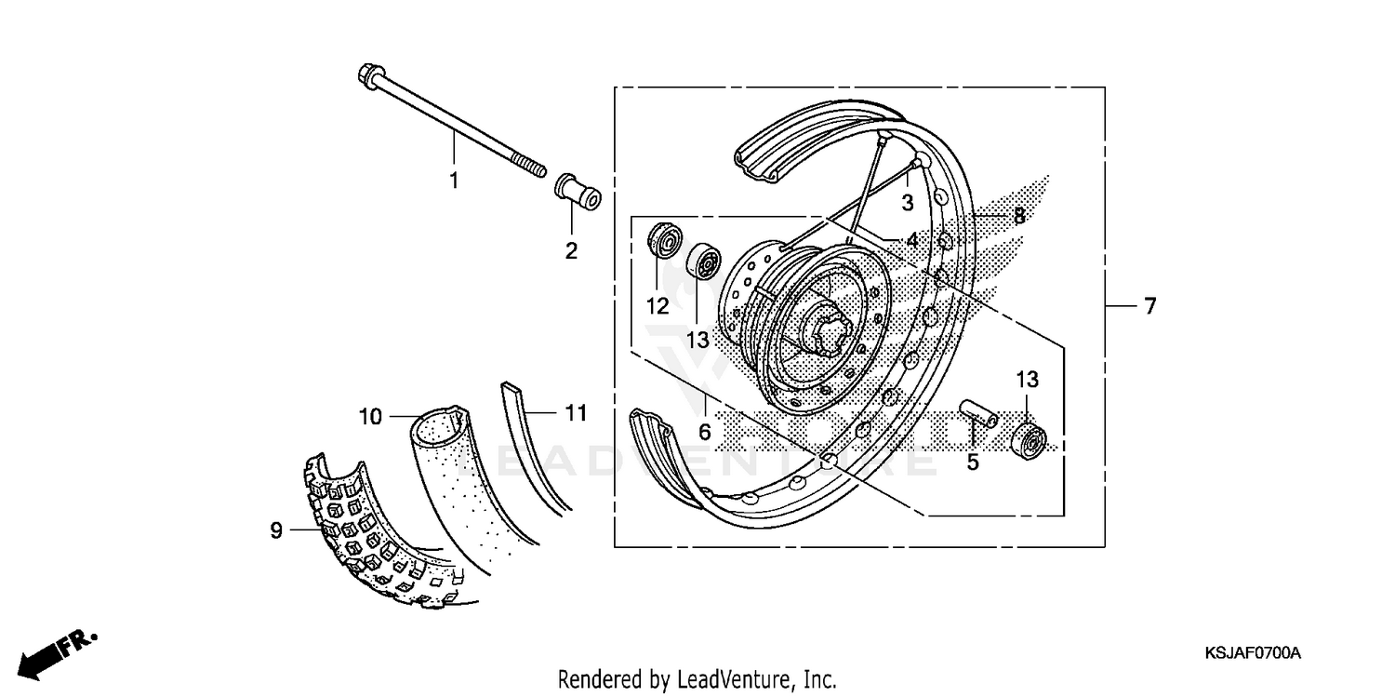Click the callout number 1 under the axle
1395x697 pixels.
pos(454,181)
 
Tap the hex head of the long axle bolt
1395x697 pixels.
pos(366,75)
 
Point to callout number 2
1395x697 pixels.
pos(570,250)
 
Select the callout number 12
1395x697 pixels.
pos(658,306)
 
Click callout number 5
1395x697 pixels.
pos(972,462)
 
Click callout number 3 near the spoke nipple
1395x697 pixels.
pos(908,202)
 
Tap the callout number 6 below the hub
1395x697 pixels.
pos(705,432)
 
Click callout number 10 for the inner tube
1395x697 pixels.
pos(370,417)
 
